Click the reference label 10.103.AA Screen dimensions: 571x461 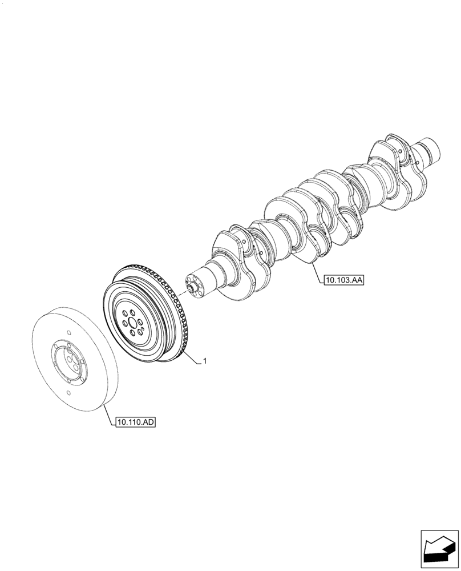click(x=343, y=280)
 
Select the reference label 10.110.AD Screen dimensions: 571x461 click(x=135, y=423)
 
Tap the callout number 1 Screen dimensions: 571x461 click(x=205, y=361)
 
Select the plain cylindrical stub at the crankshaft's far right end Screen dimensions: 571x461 click(x=432, y=150)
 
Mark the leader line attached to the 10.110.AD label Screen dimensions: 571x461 click(x=110, y=414)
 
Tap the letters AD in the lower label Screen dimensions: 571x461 click(x=147, y=423)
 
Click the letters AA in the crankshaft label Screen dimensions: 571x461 click(x=356, y=280)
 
